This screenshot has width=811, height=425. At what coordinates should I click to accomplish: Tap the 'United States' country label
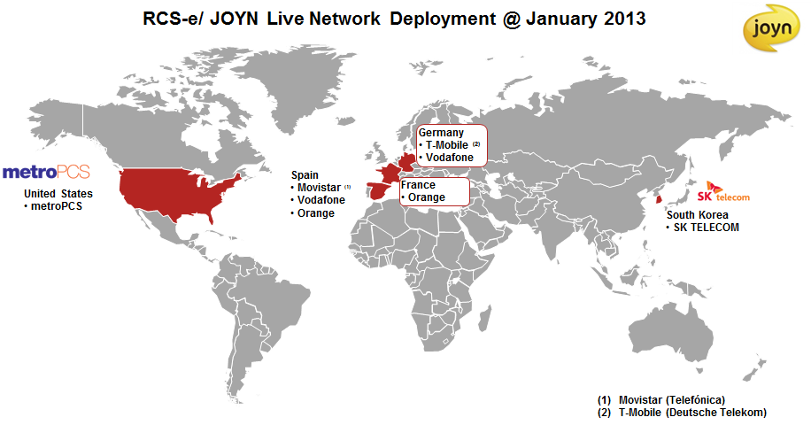58,194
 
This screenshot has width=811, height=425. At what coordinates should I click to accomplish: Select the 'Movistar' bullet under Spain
319,188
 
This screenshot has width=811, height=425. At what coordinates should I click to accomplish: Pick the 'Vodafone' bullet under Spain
321,200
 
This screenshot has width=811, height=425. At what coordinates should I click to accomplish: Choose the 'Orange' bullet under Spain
315,212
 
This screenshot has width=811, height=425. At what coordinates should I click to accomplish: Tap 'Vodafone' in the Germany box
449,158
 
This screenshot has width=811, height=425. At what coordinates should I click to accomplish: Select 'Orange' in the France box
426,197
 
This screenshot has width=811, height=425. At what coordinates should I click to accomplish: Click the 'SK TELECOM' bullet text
706,228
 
